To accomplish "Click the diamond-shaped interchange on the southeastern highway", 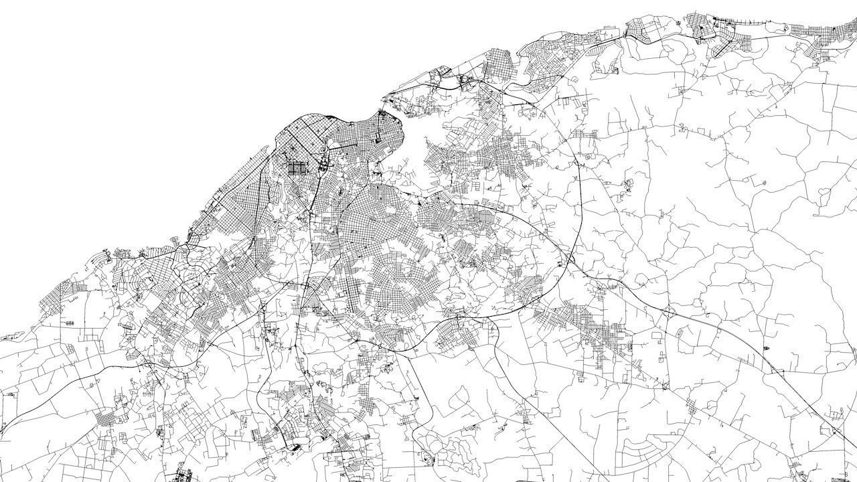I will (668, 312).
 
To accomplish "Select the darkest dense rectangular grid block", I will (295, 167).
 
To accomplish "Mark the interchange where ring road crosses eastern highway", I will (570, 258).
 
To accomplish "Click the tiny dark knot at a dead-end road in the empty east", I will (763, 181).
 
